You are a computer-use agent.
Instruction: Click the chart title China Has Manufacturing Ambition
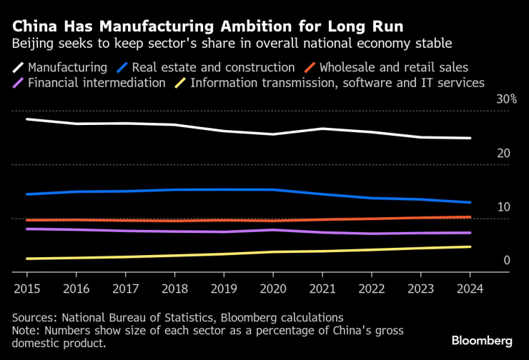point(207,26)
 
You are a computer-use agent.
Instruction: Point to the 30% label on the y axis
point(506,99)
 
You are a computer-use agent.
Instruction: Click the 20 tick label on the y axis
point(503,153)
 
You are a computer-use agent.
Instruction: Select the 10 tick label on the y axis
point(503,206)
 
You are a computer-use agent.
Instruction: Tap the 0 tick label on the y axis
point(507,260)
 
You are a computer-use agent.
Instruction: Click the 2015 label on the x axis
point(27,289)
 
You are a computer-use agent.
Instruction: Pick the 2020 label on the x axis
point(273,289)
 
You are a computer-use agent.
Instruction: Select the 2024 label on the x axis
point(470,289)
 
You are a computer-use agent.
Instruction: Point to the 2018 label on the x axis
point(174,289)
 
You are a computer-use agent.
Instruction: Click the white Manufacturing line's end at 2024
point(470,138)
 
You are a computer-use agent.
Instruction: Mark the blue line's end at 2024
point(470,202)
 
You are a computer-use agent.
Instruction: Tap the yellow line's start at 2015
point(27,259)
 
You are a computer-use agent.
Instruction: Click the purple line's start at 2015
point(27,229)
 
